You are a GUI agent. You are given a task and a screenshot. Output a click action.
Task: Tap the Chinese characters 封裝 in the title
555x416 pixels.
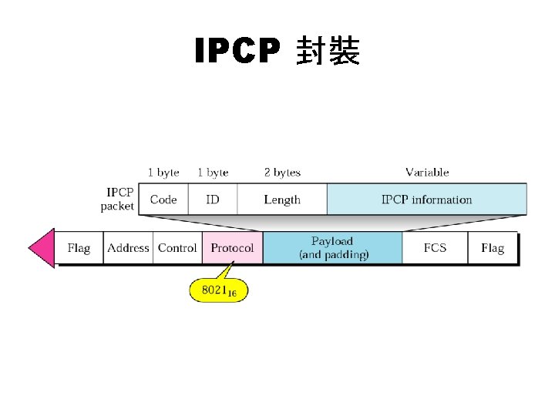(328, 52)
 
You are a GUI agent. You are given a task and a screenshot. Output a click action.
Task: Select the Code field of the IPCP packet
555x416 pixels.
(163, 200)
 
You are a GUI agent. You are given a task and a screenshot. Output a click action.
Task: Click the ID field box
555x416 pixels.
(212, 200)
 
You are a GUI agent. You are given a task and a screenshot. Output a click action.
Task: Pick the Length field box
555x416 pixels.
(282, 200)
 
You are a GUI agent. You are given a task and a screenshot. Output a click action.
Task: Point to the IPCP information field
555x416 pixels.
(426, 200)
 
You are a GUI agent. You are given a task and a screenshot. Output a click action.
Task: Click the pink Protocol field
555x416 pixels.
(232, 248)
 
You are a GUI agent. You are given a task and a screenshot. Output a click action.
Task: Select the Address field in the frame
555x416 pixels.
(128, 248)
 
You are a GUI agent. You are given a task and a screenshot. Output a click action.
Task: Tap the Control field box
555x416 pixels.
(177, 248)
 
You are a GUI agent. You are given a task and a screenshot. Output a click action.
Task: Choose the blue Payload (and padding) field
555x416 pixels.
(333, 248)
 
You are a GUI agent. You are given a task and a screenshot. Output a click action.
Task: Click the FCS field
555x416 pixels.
(435, 248)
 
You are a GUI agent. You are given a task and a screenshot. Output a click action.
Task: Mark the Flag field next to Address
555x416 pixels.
(79, 248)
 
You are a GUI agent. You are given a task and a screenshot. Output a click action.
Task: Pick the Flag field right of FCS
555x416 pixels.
(492, 248)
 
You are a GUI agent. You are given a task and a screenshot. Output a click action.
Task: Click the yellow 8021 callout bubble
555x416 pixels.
(219, 290)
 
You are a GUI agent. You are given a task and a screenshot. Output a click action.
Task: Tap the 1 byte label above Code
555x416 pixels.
(163, 173)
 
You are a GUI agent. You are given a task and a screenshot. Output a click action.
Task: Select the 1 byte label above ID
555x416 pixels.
(213, 173)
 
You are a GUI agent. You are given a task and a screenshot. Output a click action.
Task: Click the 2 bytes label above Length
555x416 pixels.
(282, 173)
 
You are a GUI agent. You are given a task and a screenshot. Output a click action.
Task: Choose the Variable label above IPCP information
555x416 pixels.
(427, 173)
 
